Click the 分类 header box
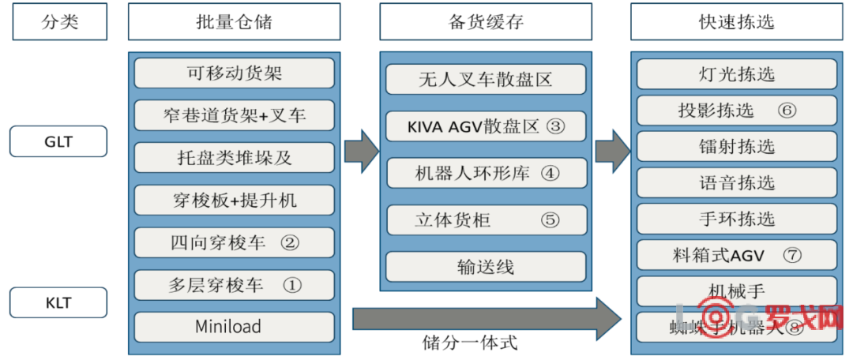tap(59, 21)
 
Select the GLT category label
tap(58, 142)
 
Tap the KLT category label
tap(58, 302)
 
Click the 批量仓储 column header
tap(234, 21)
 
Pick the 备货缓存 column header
tap(486, 21)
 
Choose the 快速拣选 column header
tap(736, 21)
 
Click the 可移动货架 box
tap(235, 73)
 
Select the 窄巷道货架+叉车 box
tap(235, 115)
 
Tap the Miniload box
tap(235, 326)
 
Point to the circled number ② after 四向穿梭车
tap(290, 242)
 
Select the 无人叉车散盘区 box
tap(486, 80)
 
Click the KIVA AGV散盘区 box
tap(486, 126)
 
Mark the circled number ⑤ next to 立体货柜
tap(551, 219)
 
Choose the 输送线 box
tap(486, 267)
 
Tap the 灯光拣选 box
tap(736, 74)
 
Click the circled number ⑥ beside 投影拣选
tap(786, 111)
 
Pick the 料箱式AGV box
tap(736, 255)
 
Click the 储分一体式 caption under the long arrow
tap(470, 343)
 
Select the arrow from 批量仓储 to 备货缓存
tap(361, 150)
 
